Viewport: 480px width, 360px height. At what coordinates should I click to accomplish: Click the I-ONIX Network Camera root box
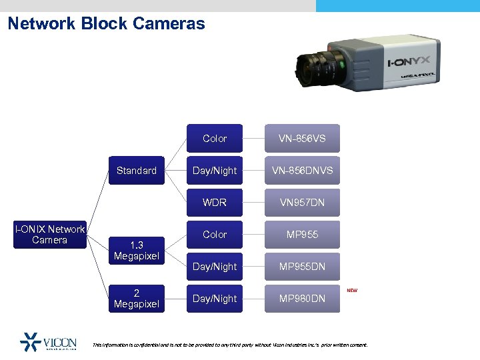(50, 235)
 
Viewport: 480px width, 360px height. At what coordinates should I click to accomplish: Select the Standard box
(137, 171)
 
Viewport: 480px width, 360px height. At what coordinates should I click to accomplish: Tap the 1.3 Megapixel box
(137, 250)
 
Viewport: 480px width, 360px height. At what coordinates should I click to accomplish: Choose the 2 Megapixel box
(137, 299)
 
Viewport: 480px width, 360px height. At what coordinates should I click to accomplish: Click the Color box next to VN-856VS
(215, 139)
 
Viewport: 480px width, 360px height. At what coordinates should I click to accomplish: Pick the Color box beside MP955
(215, 235)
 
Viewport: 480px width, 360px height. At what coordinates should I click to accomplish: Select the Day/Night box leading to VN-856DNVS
(215, 171)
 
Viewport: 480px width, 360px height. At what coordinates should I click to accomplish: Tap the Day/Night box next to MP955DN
(215, 267)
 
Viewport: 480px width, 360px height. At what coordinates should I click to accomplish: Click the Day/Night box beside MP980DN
(215, 299)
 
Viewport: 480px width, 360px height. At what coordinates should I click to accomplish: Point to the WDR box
(215, 203)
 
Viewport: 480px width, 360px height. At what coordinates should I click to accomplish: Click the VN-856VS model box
(302, 139)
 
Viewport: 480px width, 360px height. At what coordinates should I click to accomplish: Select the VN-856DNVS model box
(302, 171)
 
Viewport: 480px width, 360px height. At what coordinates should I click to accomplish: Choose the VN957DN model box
(302, 203)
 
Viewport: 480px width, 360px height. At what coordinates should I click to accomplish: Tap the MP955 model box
(302, 235)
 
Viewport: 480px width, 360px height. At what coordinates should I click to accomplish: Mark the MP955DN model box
(302, 267)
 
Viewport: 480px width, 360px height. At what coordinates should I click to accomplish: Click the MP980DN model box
(302, 299)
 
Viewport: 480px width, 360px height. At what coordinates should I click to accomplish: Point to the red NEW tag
(351, 291)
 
